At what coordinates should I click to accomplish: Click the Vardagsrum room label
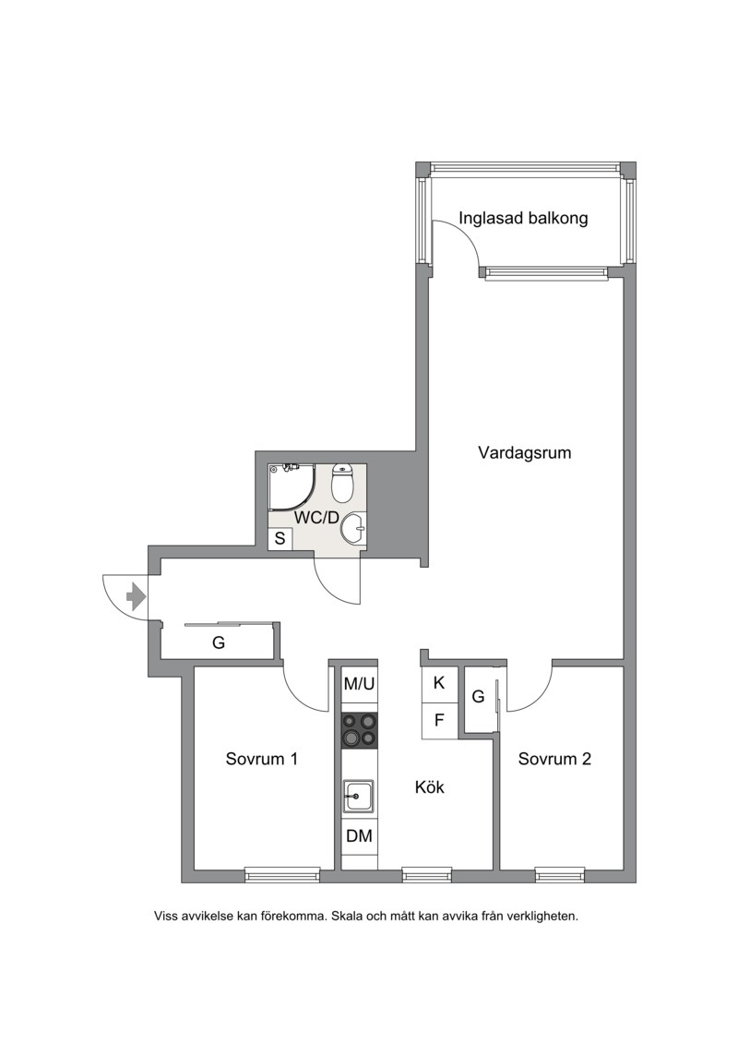524,453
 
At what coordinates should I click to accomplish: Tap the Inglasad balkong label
523,218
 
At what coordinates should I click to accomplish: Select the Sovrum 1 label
261,759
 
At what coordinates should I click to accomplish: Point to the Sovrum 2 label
554,759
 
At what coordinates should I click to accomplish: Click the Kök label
429,787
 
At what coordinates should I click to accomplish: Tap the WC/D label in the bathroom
316,517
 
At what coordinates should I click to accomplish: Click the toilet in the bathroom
342,483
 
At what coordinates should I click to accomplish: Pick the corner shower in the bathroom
292,487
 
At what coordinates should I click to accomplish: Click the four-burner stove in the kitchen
360,730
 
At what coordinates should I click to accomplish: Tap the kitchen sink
359,796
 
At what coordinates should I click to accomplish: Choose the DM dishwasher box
360,835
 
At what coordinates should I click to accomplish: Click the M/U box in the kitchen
360,683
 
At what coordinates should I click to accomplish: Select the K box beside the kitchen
439,683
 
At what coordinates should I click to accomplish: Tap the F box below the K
439,720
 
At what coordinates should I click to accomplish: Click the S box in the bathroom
280,539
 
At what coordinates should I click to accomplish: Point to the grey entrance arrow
136,596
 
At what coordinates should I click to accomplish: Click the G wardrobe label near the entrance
219,643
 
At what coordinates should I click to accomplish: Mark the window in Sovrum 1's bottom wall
282,874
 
